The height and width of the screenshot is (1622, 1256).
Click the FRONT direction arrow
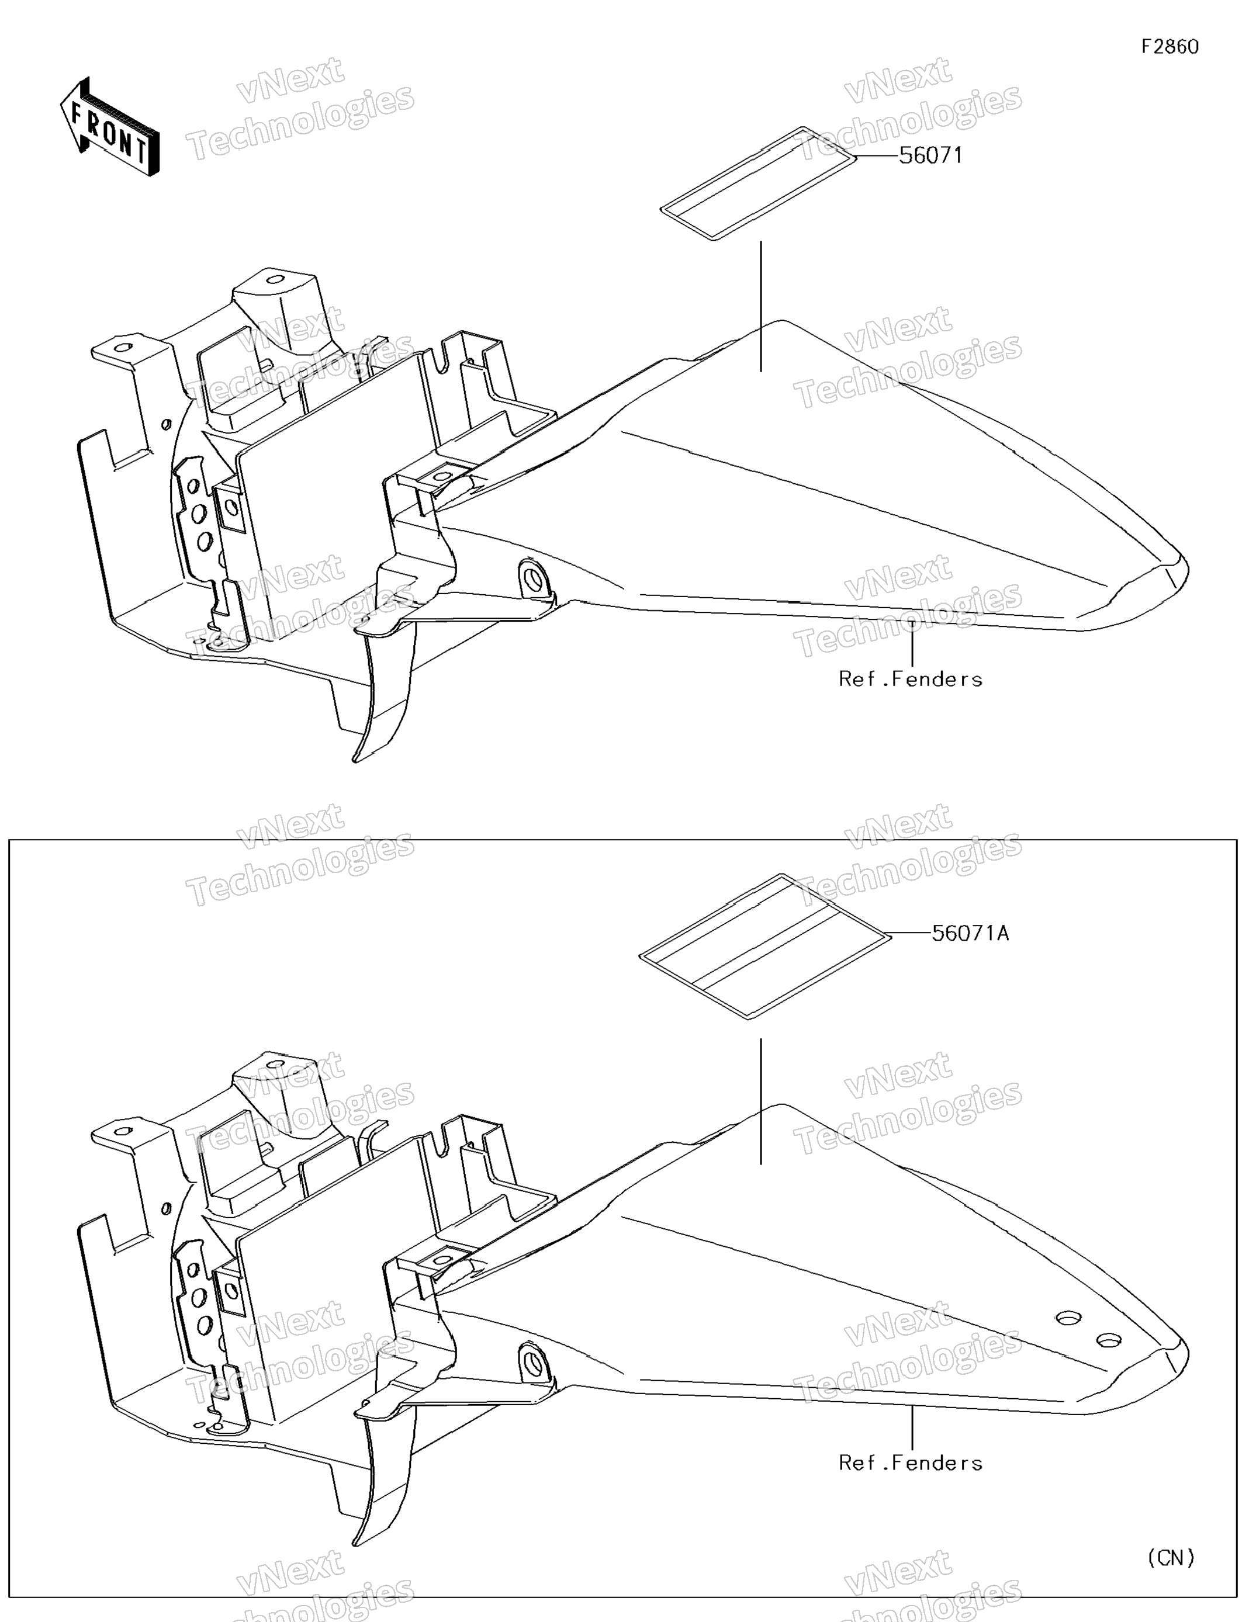pos(109,127)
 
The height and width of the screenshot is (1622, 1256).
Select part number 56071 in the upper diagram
pos(930,155)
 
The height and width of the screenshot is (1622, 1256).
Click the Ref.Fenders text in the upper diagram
pos(910,679)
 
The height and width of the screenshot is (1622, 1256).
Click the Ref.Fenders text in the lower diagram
pos(910,1462)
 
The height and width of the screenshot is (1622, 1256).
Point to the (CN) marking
pos(1171,1557)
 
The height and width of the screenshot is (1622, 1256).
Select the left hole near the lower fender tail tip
pos(1068,1318)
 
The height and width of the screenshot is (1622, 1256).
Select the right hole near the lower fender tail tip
pos(1108,1340)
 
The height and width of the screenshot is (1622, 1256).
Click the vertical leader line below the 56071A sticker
pos(760,1101)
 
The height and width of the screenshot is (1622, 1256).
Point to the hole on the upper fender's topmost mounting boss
pos(275,280)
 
